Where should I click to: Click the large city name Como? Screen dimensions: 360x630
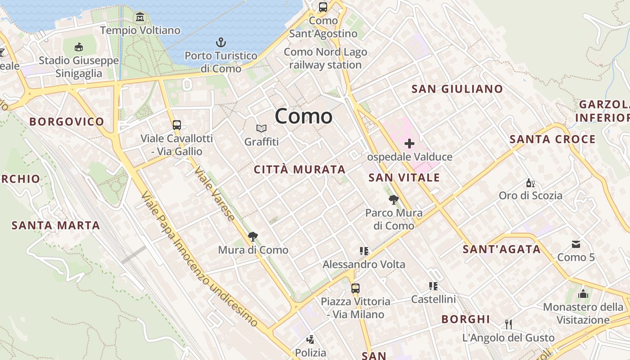click(304, 117)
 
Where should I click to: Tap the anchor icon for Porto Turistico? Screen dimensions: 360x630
click(220, 43)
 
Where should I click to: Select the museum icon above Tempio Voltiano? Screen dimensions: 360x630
click(140, 17)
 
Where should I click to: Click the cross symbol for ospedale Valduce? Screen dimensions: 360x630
click(409, 144)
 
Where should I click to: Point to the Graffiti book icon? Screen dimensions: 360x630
click(261, 129)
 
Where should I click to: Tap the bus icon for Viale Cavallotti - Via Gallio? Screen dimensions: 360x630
click(176, 125)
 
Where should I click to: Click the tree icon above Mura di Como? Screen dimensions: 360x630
click(253, 237)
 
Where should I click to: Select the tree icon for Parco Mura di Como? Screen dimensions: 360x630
click(394, 199)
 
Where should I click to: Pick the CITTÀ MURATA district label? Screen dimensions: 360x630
click(300, 170)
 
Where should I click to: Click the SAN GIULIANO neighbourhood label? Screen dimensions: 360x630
click(457, 89)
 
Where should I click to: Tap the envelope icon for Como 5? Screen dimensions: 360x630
click(576, 244)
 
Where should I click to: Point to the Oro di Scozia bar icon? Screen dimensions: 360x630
click(530, 183)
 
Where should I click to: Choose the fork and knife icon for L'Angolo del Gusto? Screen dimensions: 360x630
click(508, 324)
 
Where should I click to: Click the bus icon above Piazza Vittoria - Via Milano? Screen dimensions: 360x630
click(355, 288)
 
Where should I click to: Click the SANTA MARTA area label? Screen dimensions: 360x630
click(56, 225)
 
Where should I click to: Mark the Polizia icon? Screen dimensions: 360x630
click(310, 339)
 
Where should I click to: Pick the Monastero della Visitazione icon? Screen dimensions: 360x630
click(583, 294)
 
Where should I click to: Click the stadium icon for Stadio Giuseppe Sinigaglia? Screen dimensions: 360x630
click(79, 47)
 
